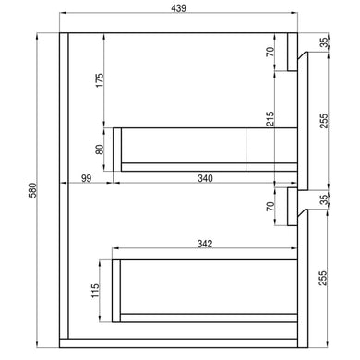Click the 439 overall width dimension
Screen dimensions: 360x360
179,8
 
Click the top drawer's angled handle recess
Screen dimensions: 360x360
298,59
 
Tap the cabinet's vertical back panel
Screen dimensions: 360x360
63,185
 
